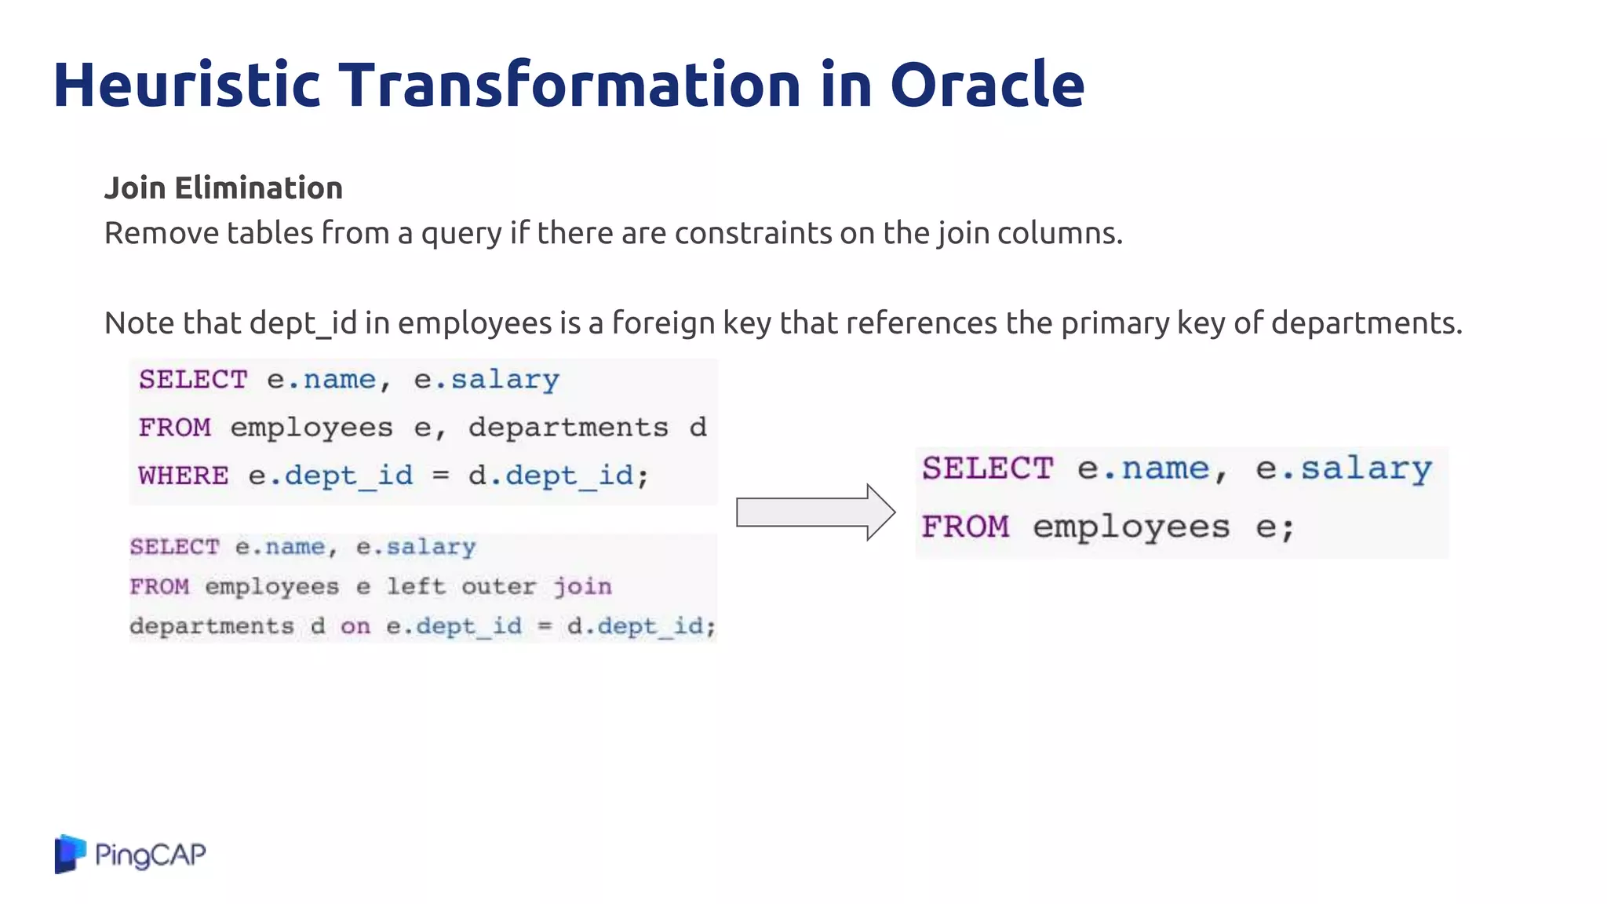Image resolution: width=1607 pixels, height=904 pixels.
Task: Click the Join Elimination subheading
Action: (224, 188)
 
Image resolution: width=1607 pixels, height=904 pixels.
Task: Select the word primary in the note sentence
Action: (1115, 323)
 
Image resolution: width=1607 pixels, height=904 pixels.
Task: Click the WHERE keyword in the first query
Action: (184, 476)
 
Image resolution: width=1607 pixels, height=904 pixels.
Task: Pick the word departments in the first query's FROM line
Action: (568, 428)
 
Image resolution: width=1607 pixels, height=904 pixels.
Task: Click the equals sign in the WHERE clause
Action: (441, 475)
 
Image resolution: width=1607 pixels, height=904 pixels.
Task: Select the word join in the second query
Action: (582, 587)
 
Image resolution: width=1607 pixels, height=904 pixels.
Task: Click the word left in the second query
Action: (416, 587)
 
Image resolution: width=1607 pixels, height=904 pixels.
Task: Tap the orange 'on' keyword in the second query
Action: (355, 626)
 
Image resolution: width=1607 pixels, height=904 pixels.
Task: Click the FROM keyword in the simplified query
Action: (965, 527)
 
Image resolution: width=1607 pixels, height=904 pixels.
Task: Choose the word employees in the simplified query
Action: (1131, 527)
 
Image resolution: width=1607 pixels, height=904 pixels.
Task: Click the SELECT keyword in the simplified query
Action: (987, 468)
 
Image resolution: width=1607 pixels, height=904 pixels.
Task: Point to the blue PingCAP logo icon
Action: (69, 854)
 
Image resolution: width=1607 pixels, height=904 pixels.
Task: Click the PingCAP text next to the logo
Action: (150, 855)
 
